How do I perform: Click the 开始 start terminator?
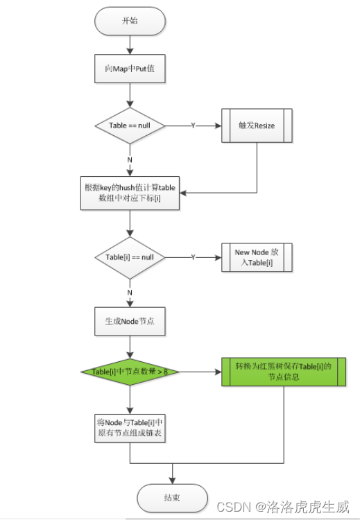click(x=130, y=21)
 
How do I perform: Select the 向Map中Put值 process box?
click(x=130, y=69)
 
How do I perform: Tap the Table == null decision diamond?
click(x=130, y=125)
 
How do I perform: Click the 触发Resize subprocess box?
click(x=257, y=125)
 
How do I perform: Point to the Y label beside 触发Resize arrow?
click(x=193, y=125)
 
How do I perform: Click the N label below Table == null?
click(x=130, y=160)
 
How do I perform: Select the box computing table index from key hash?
click(x=130, y=193)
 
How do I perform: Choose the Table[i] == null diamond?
click(x=130, y=258)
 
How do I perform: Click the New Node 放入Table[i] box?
click(x=257, y=257)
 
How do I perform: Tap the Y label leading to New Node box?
click(x=193, y=257)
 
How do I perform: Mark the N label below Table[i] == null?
click(x=130, y=293)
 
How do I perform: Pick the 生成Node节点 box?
click(x=130, y=321)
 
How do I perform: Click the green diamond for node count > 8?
click(x=130, y=372)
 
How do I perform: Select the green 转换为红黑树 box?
click(x=284, y=372)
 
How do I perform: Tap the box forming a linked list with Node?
click(x=130, y=428)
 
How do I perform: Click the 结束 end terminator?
click(x=172, y=498)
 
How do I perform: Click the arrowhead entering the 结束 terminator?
click(x=172, y=480)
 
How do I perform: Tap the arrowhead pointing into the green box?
click(x=218, y=372)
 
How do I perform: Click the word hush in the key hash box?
click(x=126, y=188)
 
